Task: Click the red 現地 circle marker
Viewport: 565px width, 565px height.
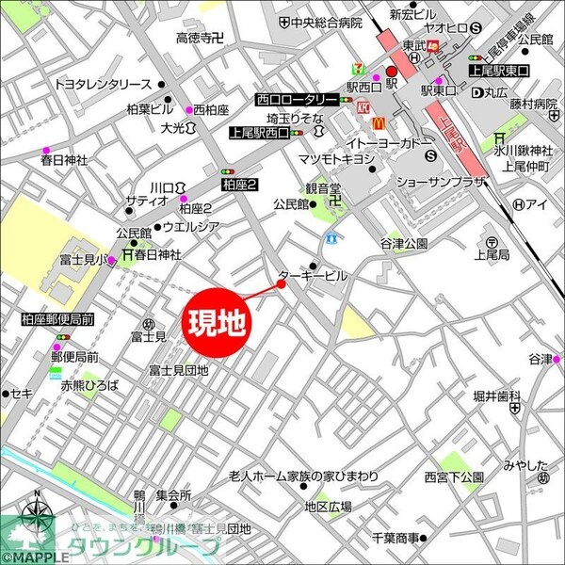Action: click(218, 323)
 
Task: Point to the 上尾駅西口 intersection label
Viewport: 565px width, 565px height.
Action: click(259, 134)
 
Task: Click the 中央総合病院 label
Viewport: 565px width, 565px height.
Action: click(327, 23)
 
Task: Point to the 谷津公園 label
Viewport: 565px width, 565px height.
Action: click(404, 243)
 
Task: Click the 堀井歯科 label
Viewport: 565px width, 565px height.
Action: click(497, 395)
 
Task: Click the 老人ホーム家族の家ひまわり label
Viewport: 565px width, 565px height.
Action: click(303, 476)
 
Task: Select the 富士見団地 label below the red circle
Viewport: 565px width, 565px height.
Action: click(178, 370)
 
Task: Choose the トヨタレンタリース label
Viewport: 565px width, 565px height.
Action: click(102, 84)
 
